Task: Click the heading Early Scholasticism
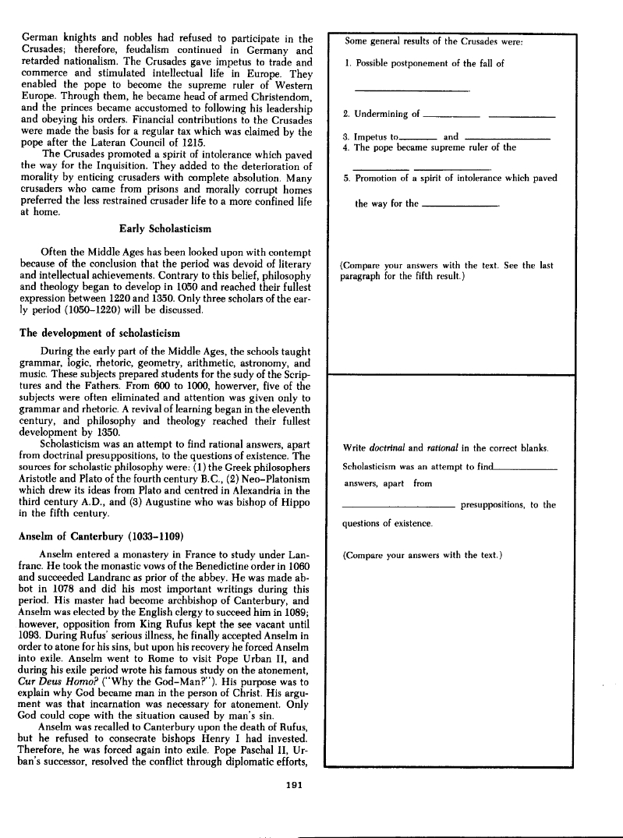[x=165, y=229]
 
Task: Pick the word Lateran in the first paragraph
[x=102, y=144]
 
